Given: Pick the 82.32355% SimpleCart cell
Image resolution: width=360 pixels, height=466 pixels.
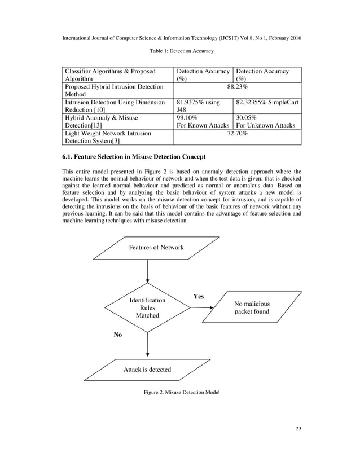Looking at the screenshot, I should [x=266, y=104].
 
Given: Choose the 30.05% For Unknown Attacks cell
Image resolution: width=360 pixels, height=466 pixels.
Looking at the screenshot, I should [x=266, y=121].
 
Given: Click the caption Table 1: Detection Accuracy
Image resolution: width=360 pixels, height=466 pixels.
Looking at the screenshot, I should [x=181, y=51].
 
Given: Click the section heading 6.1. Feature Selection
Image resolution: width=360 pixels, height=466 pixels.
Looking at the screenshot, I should [x=133, y=156].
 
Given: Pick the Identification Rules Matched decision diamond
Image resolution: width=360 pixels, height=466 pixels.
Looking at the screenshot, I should [x=147, y=308].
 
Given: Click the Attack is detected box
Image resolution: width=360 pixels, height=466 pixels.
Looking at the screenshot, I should [x=147, y=370].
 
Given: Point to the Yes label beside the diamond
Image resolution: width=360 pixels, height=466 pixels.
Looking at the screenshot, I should [x=199, y=296].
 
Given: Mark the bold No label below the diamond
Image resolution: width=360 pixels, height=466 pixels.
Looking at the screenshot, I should [x=118, y=335].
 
